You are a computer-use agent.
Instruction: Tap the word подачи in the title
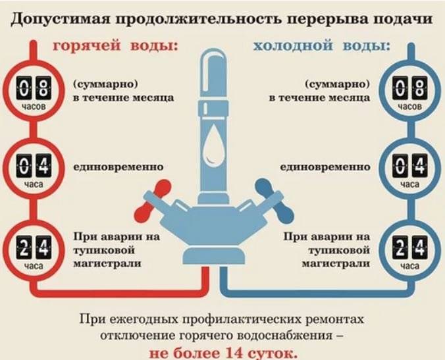401,18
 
